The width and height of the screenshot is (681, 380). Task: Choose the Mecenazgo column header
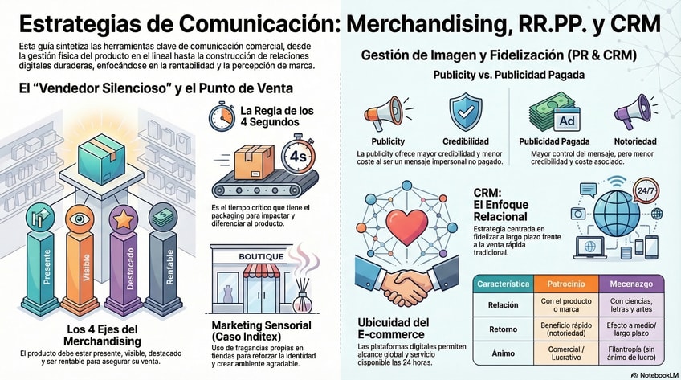(x=631, y=284)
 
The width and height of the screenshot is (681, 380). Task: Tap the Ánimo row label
(x=503, y=354)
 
